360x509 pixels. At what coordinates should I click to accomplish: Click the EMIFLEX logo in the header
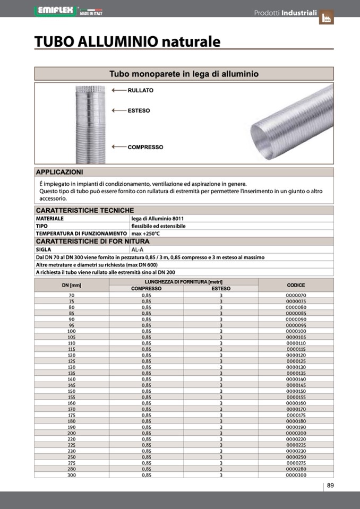coord(55,11)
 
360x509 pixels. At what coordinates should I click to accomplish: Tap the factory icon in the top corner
coord(326,18)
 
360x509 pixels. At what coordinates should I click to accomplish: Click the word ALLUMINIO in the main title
coord(118,41)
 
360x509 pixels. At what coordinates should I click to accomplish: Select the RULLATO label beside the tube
coord(141,90)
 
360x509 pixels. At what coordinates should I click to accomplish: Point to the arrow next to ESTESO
coord(118,110)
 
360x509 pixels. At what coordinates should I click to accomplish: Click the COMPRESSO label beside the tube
coord(145,147)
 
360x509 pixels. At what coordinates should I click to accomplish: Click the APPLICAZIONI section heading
coord(59,172)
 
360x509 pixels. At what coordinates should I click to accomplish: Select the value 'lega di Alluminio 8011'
coord(158,218)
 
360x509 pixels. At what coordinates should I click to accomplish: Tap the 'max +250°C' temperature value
coord(145,234)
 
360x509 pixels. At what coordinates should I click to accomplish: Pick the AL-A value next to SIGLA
coord(138,249)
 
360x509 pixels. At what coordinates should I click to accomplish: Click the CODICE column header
coord(296,285)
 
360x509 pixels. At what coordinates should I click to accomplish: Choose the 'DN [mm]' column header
coord(72,285)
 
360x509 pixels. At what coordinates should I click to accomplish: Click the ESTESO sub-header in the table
coord(221,289)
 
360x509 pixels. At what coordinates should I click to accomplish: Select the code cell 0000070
coord(296,295)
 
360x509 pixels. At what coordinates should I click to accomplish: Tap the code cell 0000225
coord(296,445)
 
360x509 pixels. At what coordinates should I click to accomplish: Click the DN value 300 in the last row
coord(72,475)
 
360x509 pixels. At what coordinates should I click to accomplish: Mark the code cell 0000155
coord(296,397)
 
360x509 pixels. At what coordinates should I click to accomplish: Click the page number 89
coord(330,486)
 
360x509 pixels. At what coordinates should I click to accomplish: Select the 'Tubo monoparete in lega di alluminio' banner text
coord(184,74)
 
